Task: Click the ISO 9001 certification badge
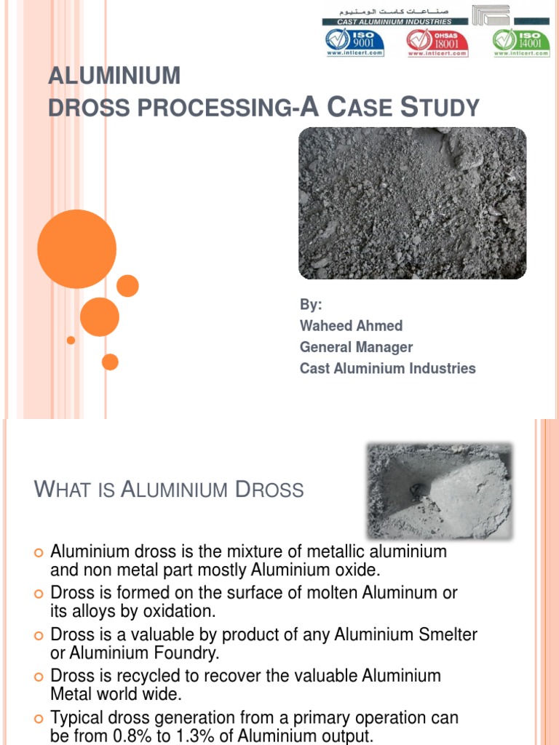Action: [x=354, y=43]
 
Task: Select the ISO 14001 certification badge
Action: [x=521, y=43]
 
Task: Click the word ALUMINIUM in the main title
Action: [x=114, y=76]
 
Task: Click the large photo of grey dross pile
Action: [x=412, y=203]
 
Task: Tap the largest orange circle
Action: [x=76, y=249]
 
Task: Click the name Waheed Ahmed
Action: [x=351, y=325]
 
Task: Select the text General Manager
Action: [x=356, y=347]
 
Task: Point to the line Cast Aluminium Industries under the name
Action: [x=387, y=368]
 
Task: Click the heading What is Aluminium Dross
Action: [x=169, y=489]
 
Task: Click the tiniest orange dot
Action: [x=71, y=340]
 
